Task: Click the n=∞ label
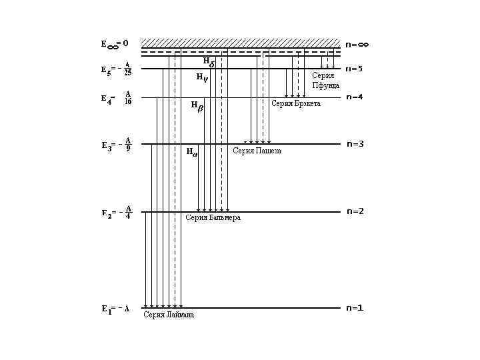357,45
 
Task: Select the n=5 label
354,69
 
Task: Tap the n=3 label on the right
355,144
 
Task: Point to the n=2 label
355,211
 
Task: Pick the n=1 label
354,308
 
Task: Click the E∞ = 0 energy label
114,44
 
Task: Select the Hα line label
191,152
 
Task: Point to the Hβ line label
196,105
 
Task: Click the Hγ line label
201,77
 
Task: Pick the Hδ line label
208,62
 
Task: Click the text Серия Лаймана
169,315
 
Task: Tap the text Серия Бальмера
213,218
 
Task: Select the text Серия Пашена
257,151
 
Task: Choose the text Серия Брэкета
296,104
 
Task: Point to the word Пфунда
326,85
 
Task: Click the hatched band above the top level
240,43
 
